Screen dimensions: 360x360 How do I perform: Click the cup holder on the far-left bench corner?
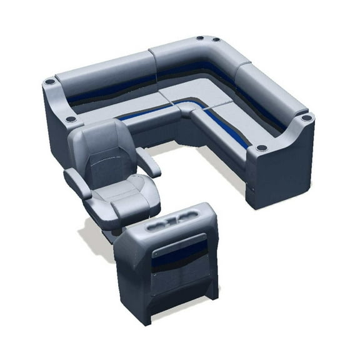[x=49, y=81]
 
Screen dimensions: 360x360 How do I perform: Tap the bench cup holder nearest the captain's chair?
[x=71, y=118]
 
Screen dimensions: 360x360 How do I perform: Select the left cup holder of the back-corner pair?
[x=201, y=39]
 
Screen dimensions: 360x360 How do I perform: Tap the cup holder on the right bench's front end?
[x=261, y=148]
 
